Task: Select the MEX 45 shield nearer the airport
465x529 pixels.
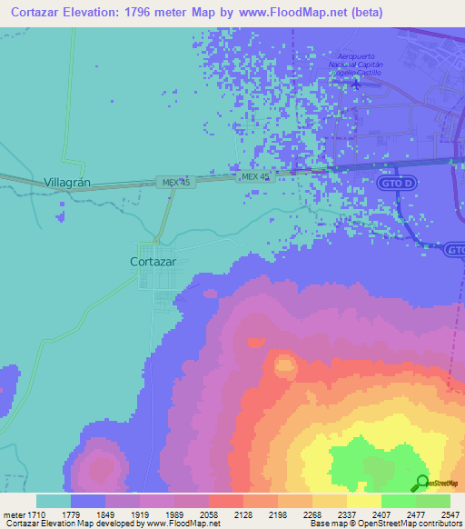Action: coord(254,176)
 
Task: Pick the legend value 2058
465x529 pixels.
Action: coord(209,514)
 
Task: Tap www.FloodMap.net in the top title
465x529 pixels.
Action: coord(299,13)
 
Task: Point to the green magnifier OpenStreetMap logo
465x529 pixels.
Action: coord(422,484)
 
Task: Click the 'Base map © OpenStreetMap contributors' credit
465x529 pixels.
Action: coord(384,524)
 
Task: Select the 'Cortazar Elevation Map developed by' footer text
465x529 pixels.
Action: coord(72,524)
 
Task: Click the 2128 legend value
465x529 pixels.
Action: coord(243,514)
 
